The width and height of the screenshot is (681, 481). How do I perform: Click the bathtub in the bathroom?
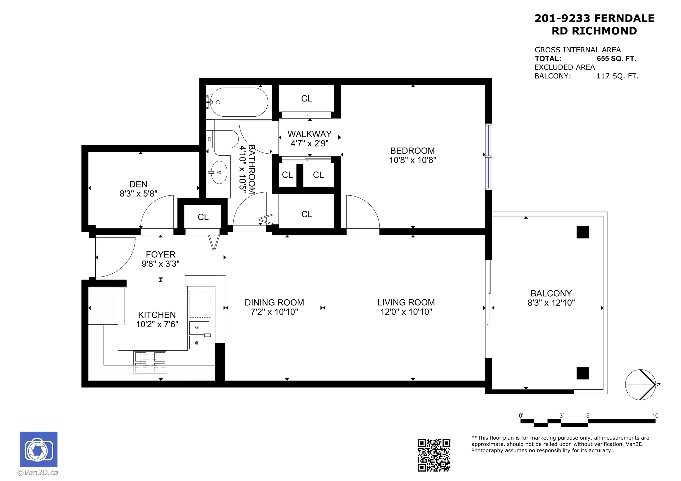point(239,102)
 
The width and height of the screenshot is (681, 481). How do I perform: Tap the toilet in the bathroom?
point(225,139)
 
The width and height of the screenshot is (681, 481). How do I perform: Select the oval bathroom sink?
point(219,173)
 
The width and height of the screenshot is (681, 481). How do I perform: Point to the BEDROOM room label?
point(412,151)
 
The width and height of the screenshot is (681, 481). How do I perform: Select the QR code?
point(434,455)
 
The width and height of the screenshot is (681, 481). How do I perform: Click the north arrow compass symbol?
point(641,385)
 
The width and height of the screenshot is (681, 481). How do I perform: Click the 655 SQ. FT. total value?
point(616,58)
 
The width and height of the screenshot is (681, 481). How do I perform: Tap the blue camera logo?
point(38,449)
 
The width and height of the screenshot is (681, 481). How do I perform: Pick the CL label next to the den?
point(203,217)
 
